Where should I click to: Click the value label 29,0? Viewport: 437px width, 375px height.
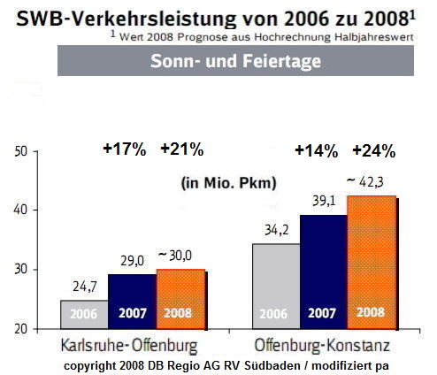(x=131, y=262)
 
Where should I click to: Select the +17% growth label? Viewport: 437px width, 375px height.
(x=125, y=149)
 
